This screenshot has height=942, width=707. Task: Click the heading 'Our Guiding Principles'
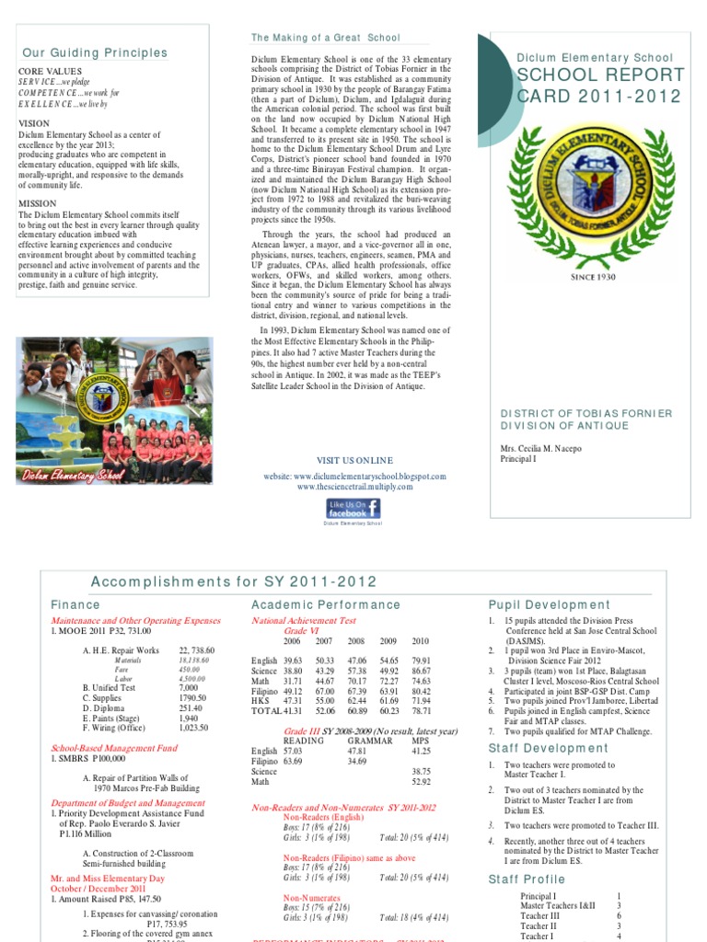coord(95,52)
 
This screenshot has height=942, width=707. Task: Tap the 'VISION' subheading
coord(35,122)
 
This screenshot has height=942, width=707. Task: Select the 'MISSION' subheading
coord(38,203)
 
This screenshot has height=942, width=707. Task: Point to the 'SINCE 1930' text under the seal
coord(594,277)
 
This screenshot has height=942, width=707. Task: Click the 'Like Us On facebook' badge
coord(353,508)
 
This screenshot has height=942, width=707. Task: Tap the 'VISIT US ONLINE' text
coord(354,460)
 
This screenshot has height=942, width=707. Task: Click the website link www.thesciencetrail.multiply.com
coord(353,487)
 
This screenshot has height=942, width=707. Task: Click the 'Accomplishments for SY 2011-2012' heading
coord(234,581)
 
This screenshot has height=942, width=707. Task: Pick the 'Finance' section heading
coord(75,605)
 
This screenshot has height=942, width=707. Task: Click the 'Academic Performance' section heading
coord(326,605)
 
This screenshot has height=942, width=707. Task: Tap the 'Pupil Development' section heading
coord(549,605)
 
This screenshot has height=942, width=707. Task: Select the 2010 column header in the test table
coord(420,641)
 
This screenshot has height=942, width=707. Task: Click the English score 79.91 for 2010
coord(422,661)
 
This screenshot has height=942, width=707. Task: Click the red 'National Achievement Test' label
coord(303,621)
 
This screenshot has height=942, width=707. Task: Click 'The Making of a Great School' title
coord(326,38)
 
